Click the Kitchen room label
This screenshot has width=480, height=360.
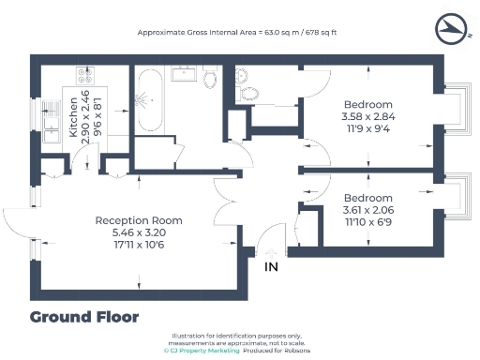tap(73, 122)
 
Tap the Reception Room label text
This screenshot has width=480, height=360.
tap(139, 220)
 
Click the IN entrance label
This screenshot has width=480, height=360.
tap(272, 268)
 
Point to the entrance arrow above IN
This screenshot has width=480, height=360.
tap(272, 253)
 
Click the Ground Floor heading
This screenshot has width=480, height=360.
tap(84, 316)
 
